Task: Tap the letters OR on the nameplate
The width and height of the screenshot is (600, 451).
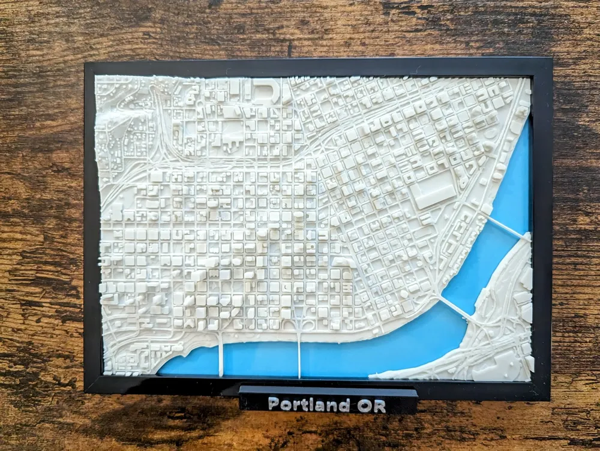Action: click(x=371, y=405)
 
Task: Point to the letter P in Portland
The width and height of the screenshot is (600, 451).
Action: click(x=273, y=404)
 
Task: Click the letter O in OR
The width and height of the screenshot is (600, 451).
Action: click(x=364, y=405)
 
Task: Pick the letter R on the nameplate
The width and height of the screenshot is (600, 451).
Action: click(x=379, y=406)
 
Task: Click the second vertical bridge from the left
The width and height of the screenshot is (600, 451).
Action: click(x=299, y=354)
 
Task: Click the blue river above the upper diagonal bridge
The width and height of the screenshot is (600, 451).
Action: click(x=516, y=180)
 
